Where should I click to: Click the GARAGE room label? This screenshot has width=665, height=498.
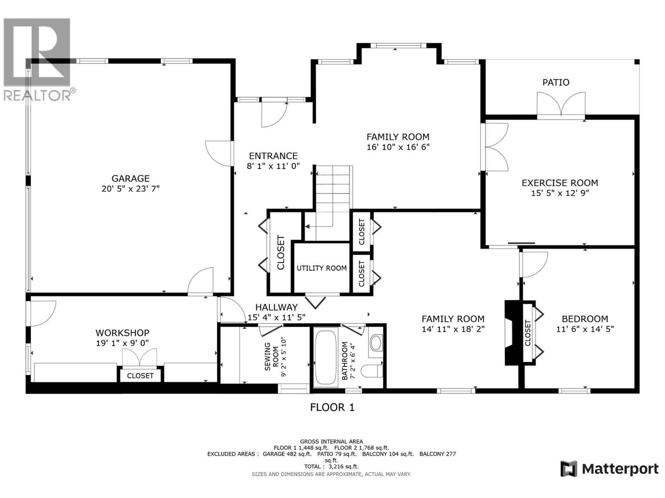pyautogui.click(x=131, y=178)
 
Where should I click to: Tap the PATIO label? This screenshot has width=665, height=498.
pyautogui.click(x=556, y=83)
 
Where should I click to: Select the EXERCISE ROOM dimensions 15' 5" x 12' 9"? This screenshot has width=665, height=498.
pyautogui.click(x=559, y=193)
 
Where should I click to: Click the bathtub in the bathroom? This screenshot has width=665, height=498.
pyautogui.click(x=326, y=357)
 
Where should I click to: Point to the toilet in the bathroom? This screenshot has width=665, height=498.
pyautogui.click(x=371, y=371)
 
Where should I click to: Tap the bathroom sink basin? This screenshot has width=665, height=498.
pyautogui.click(x=376, y=343)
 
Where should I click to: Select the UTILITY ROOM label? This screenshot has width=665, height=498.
pyautogui.click(x=321, y=268)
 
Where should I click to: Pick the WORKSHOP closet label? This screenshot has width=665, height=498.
pyautogui.click(x=140, y=376)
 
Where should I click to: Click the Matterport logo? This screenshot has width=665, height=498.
pyautogui.click(x=609, y=469)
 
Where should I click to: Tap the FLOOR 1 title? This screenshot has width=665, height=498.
pyautogui.click(x=332, y=408)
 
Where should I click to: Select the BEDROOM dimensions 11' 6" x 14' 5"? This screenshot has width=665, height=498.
pyautogui.click(x=585, y=329)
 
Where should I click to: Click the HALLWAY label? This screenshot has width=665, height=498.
pyautogui.click(x=276, y=307)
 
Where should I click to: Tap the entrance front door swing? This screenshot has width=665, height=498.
pyautogui.click(x=273, y=114)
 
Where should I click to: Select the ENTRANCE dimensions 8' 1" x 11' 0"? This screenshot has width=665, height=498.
pyautogui.click(x=273, y=166)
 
